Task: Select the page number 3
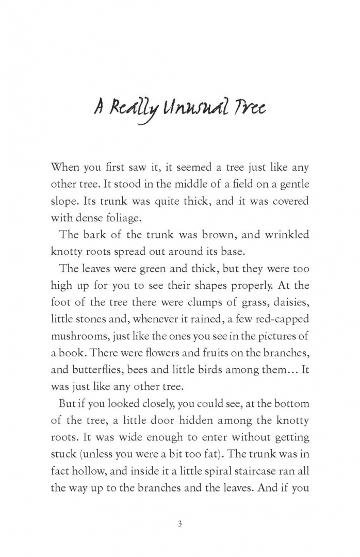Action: (x=179, y=525)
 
